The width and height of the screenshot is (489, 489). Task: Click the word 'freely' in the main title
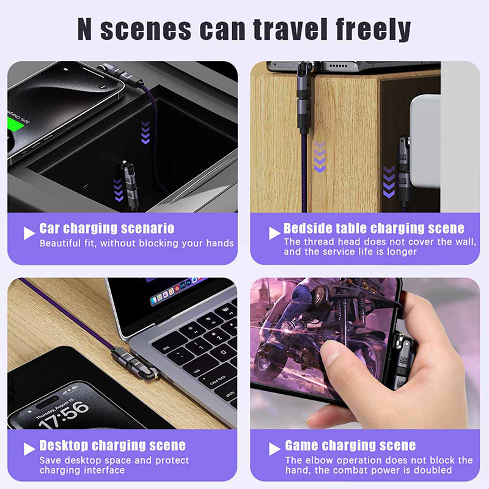tap(373, 29)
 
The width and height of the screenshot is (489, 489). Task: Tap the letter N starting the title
tap(84, 29)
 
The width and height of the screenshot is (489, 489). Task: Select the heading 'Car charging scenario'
tap(106, 228)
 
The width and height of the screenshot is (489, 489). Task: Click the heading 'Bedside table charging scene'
tap(374, 228)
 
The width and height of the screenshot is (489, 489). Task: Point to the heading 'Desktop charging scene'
tap(112, 446)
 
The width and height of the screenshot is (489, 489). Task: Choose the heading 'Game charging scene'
tap(350, 446)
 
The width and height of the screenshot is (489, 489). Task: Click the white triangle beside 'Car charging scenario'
tap(29, 233)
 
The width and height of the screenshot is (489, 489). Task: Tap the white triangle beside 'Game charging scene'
tap(274, 449)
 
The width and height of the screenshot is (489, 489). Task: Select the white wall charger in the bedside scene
tap(425, 141)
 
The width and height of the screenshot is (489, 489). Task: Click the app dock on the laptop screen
tap(178, 290)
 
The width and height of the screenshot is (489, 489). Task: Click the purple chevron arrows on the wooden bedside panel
tap(320, 157)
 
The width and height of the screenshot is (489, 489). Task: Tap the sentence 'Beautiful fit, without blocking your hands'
tap(136, 243)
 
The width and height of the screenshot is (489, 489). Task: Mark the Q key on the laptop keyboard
tap(223, 353)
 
